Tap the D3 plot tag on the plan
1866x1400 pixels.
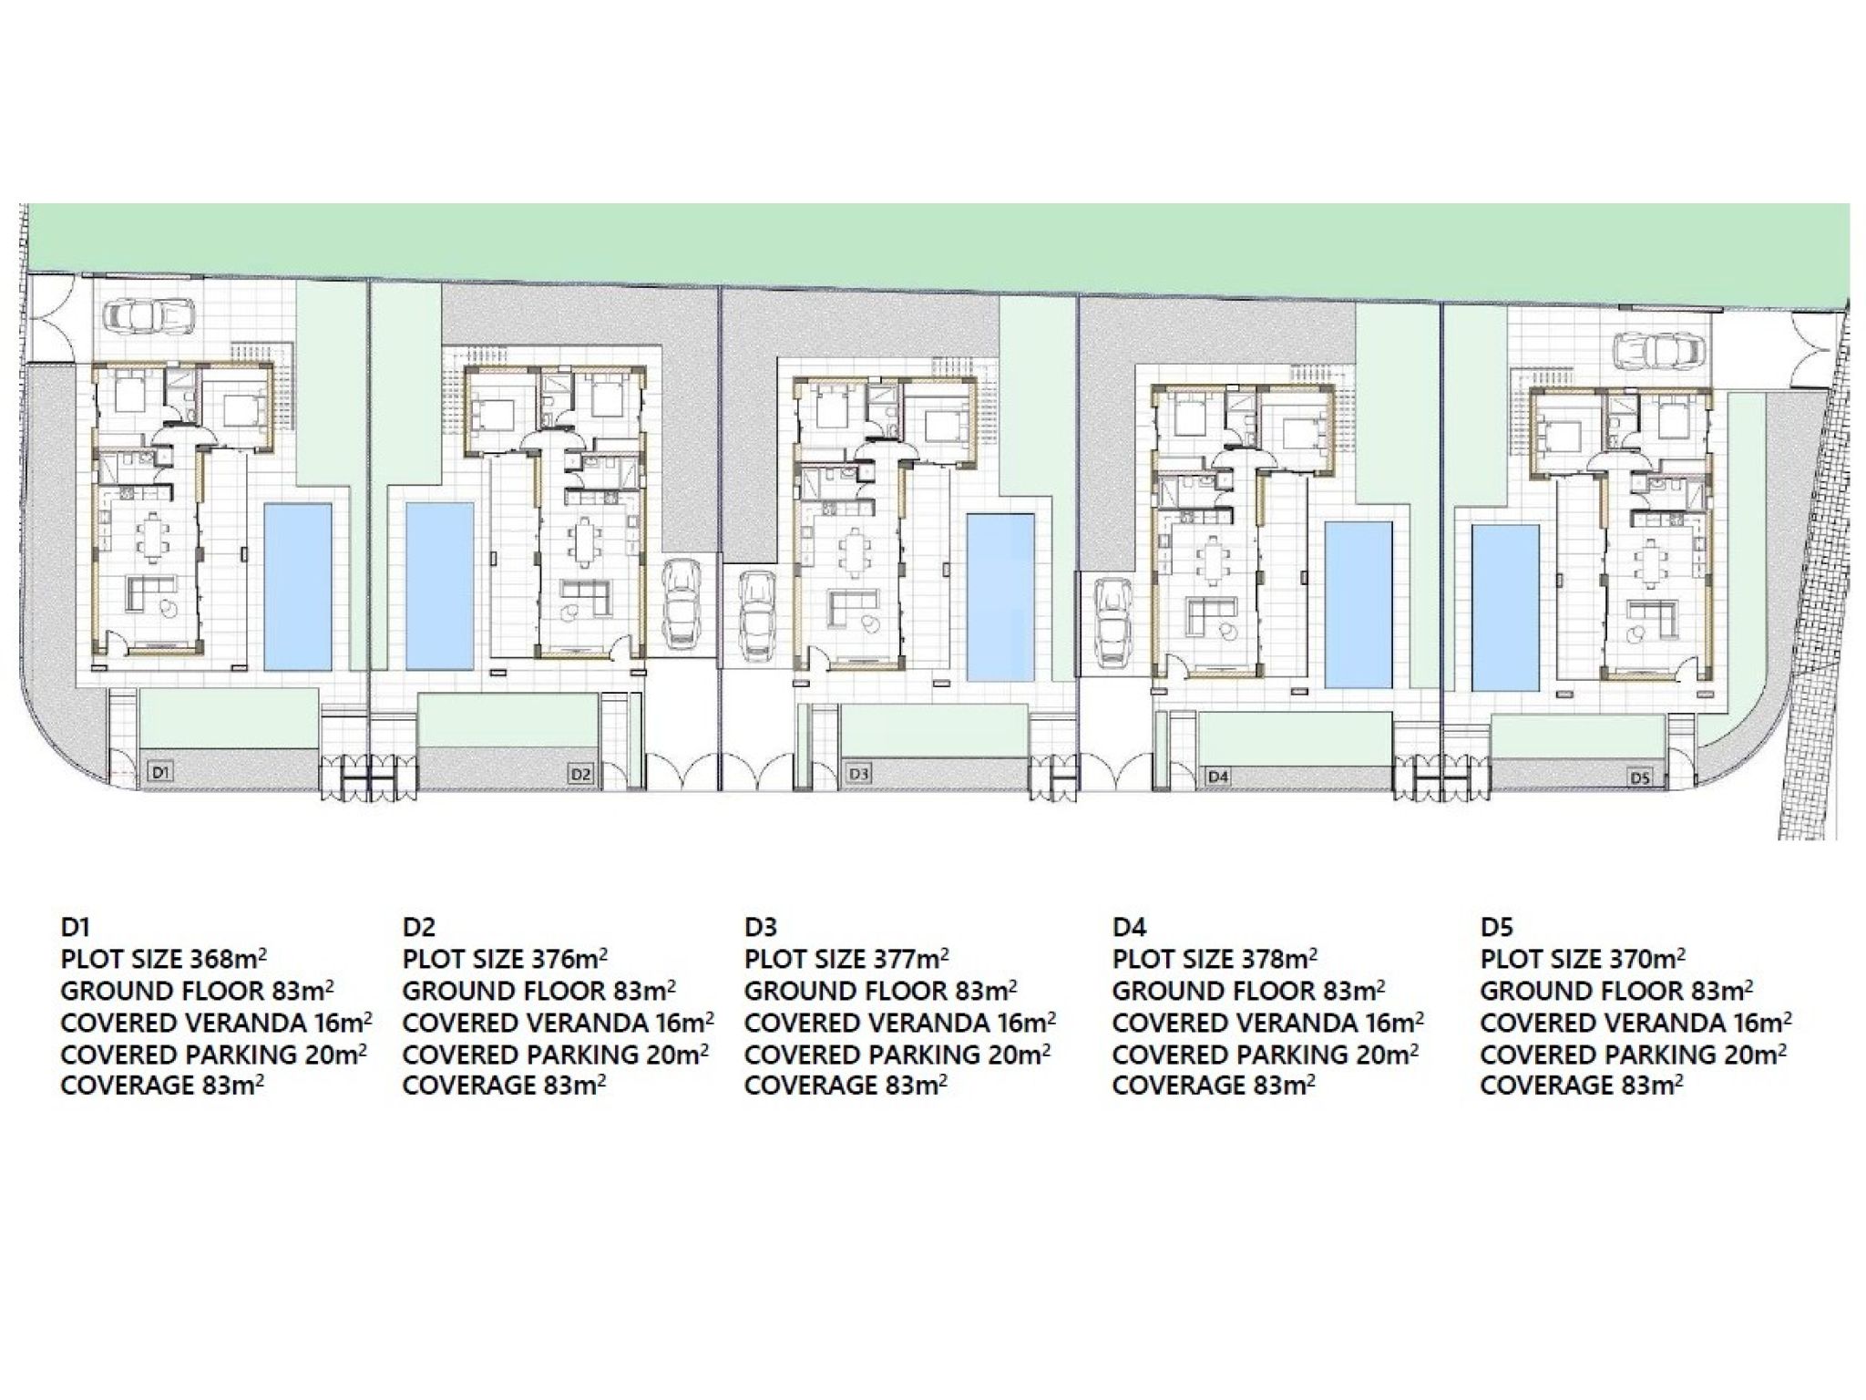(858, 774)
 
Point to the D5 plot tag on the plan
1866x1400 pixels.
(1640, 777)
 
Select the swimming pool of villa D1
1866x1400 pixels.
(297, 585)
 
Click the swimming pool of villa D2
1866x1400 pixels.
(439, 585)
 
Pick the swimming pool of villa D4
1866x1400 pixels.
(1358, 604)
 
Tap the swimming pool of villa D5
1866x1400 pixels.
(1506, 606)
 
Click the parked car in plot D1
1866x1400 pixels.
(146, 317)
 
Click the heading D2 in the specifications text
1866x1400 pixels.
(418, 927)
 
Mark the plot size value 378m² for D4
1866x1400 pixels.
(1279, 958)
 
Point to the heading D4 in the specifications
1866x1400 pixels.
(1128, 927)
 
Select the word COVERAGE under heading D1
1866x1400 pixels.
(114, 1086)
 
